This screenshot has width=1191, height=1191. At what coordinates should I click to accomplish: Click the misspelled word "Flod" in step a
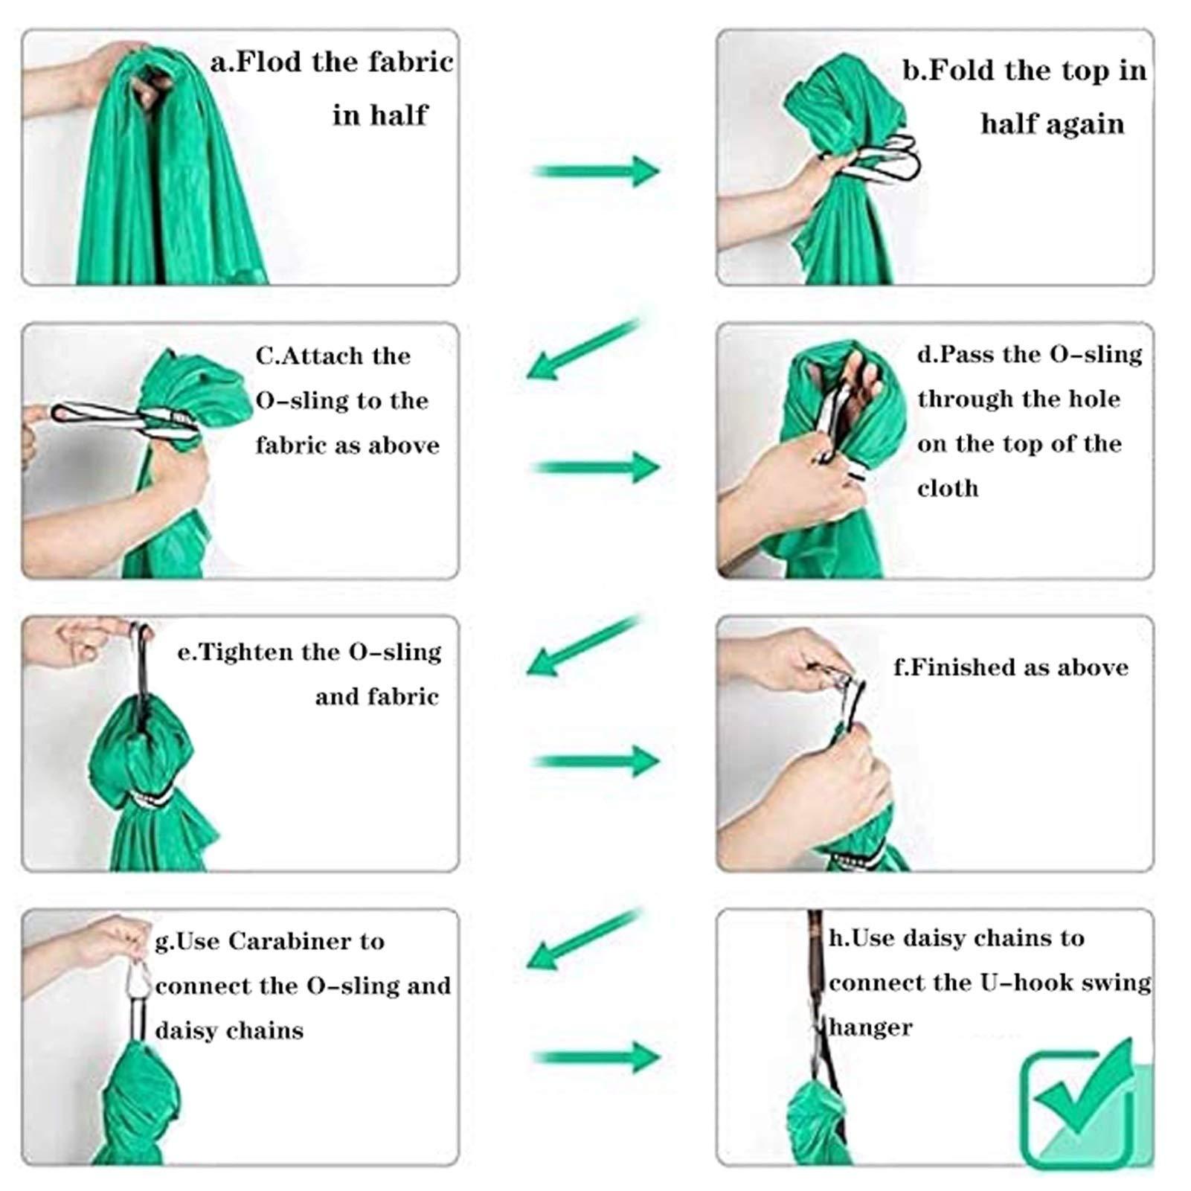[269, 62]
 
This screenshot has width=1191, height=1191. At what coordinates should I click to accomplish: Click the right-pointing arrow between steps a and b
[596, 171]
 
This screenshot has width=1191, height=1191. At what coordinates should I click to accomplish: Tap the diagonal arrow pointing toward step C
[583, 348]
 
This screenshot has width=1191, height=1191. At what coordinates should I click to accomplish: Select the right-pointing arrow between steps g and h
[596, 1057]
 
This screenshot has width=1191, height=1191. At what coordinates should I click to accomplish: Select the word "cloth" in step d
[948, 489]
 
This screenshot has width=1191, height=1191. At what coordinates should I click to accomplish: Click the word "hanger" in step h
[870, 1028]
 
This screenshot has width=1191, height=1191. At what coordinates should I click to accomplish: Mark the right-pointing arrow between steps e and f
[596, 761]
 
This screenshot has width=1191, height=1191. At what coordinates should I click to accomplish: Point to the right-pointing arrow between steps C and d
[596, 468]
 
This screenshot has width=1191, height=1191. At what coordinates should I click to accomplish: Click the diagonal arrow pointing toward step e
[583, 646]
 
